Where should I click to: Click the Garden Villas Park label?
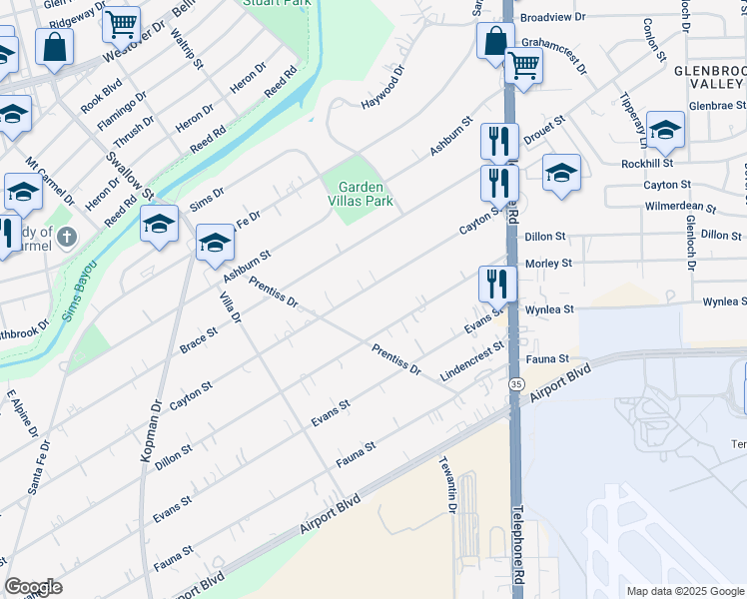click(x=365, y=194)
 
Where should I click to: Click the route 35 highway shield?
click(x=515, y=384)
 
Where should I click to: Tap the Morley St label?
click(x=549, y=264)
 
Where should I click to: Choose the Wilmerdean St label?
click(x=680, y=209)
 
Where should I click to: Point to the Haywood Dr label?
click(x=382, y=88)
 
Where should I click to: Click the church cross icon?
click(x=66, y=238)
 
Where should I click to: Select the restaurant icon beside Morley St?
click(x=496, y=284)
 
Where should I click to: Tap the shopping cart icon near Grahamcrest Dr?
click(x=523, y=67)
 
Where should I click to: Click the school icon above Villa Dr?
click(x=215, y=244)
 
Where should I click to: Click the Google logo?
click(x=33, y=588)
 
